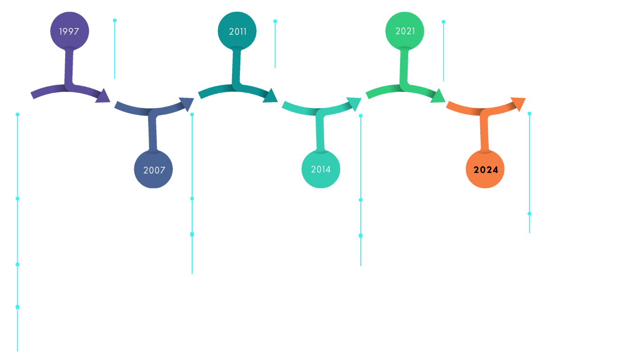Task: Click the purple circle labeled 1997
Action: (x=69, y=31)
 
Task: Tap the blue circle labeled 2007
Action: (x=154, y=170)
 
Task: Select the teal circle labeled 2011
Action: (x=238, y=31)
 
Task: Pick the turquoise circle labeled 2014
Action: (x=321, y=169)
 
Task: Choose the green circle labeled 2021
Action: (x=405, y=31)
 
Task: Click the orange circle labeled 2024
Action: (x=485, y=170)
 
